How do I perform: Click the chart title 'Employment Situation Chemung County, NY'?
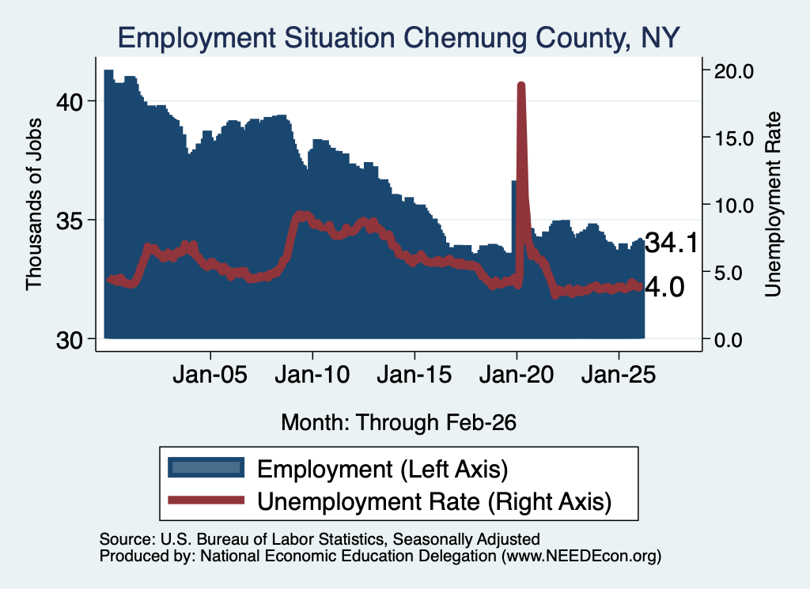pyautogui.click(x=399, y=38)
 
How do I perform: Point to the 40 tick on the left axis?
pyautogui.click(x=70, y=102)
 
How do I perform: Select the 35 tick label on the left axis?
pyautogui.click(x=70, y=221)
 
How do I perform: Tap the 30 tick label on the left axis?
pyautogui.click(x=70, y=340)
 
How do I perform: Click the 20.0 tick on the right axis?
pyautogui.click(x=733, y=70)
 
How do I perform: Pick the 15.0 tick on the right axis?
pyautogui.click(x=733, y=138)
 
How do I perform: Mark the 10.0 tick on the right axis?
pyautogui.click(x=733, y=206)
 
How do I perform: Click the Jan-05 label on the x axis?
pyautogui.click(x=210, y=375)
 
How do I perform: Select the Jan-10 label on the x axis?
pyautogui.click(x=312, y=375)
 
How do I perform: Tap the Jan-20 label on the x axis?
pyautogui.click(x=517, y=375)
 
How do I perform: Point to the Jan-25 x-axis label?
pyautogui.click(x=619, y=375)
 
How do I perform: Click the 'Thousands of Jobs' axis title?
pyautogui.click(x=33, y=205)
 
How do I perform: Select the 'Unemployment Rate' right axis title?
pyautogui.click(x=773, y=205)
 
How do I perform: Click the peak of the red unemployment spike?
pyautogui.click(x=521, y=85)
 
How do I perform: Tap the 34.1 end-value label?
pyautogui.click(x=672, y=242)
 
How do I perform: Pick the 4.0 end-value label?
pyautogui.click(x=665, y=287)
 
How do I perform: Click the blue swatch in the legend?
pyautogui.click(x=206, y=467)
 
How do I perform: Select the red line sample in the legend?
pyautogui.click(x=206, y=500)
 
